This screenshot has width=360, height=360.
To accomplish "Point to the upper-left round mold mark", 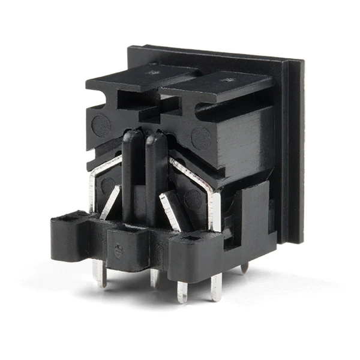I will click(x=101, y=125).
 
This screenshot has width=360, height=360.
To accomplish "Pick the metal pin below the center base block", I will click(x=155, y=277).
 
